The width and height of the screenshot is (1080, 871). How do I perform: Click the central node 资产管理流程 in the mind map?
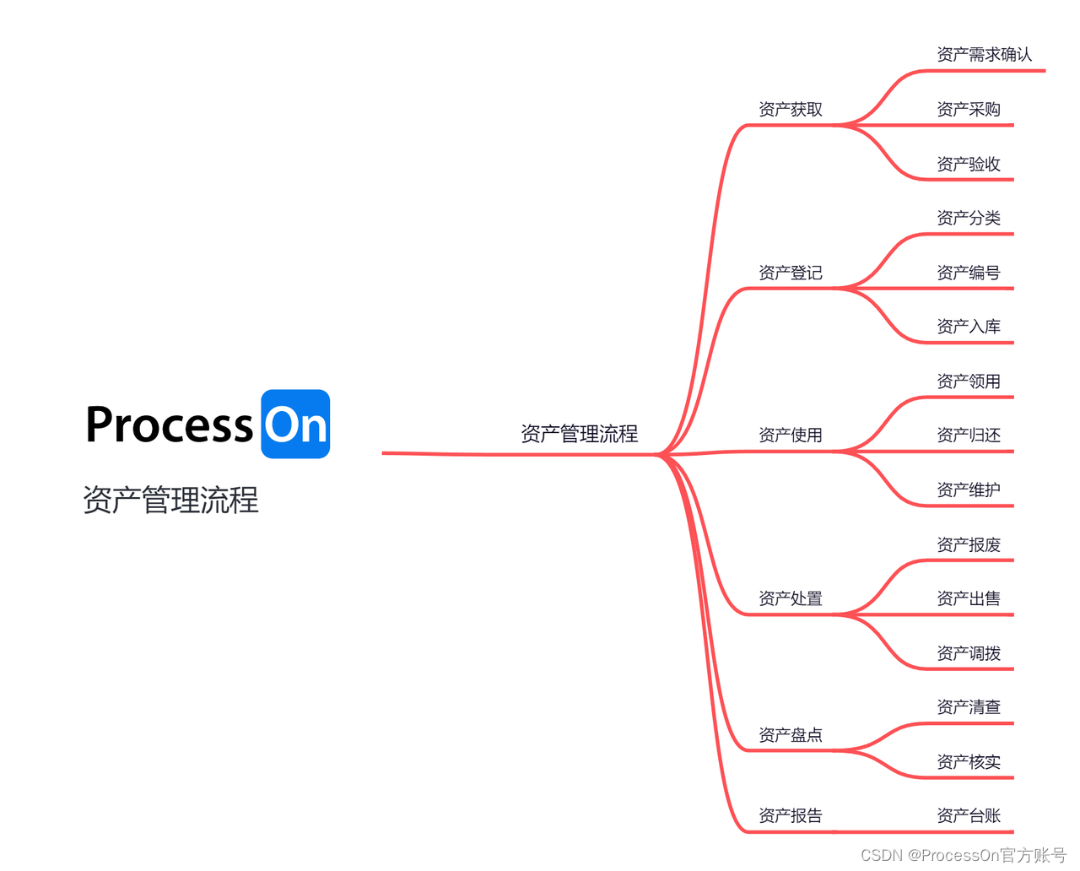[579, 434]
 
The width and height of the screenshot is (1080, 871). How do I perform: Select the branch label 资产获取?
[790, 110]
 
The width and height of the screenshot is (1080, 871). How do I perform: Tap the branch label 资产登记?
[790, 273]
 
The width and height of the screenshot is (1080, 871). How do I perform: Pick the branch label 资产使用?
[790, 435]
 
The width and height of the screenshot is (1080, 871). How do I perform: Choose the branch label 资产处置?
[790, 598]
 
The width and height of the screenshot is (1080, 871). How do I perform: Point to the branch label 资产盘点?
[790, 735]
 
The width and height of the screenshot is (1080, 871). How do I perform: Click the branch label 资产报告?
[790, 815]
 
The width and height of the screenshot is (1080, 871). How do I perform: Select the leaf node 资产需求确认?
[984, 55]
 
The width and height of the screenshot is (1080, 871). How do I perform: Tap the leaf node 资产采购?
[968, 110]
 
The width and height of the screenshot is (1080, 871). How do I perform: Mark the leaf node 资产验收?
[968, 164]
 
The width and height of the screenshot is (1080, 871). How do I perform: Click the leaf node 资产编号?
[968, 273]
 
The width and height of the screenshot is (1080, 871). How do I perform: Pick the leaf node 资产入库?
[968, 327]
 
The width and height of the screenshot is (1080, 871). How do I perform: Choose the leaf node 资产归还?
[968, 435]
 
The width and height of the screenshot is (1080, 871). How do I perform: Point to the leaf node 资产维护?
[968, 490]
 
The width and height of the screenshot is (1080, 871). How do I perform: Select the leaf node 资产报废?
[968, 544]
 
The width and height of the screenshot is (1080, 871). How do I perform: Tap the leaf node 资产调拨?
[968, 653]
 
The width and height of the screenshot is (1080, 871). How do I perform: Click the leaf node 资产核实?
[968, 762]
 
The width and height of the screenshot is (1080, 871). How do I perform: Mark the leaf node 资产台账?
[968, 815]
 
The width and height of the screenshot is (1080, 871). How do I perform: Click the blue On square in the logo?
[295, 424]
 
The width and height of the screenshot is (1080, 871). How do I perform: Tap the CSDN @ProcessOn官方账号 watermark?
[963, 855]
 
